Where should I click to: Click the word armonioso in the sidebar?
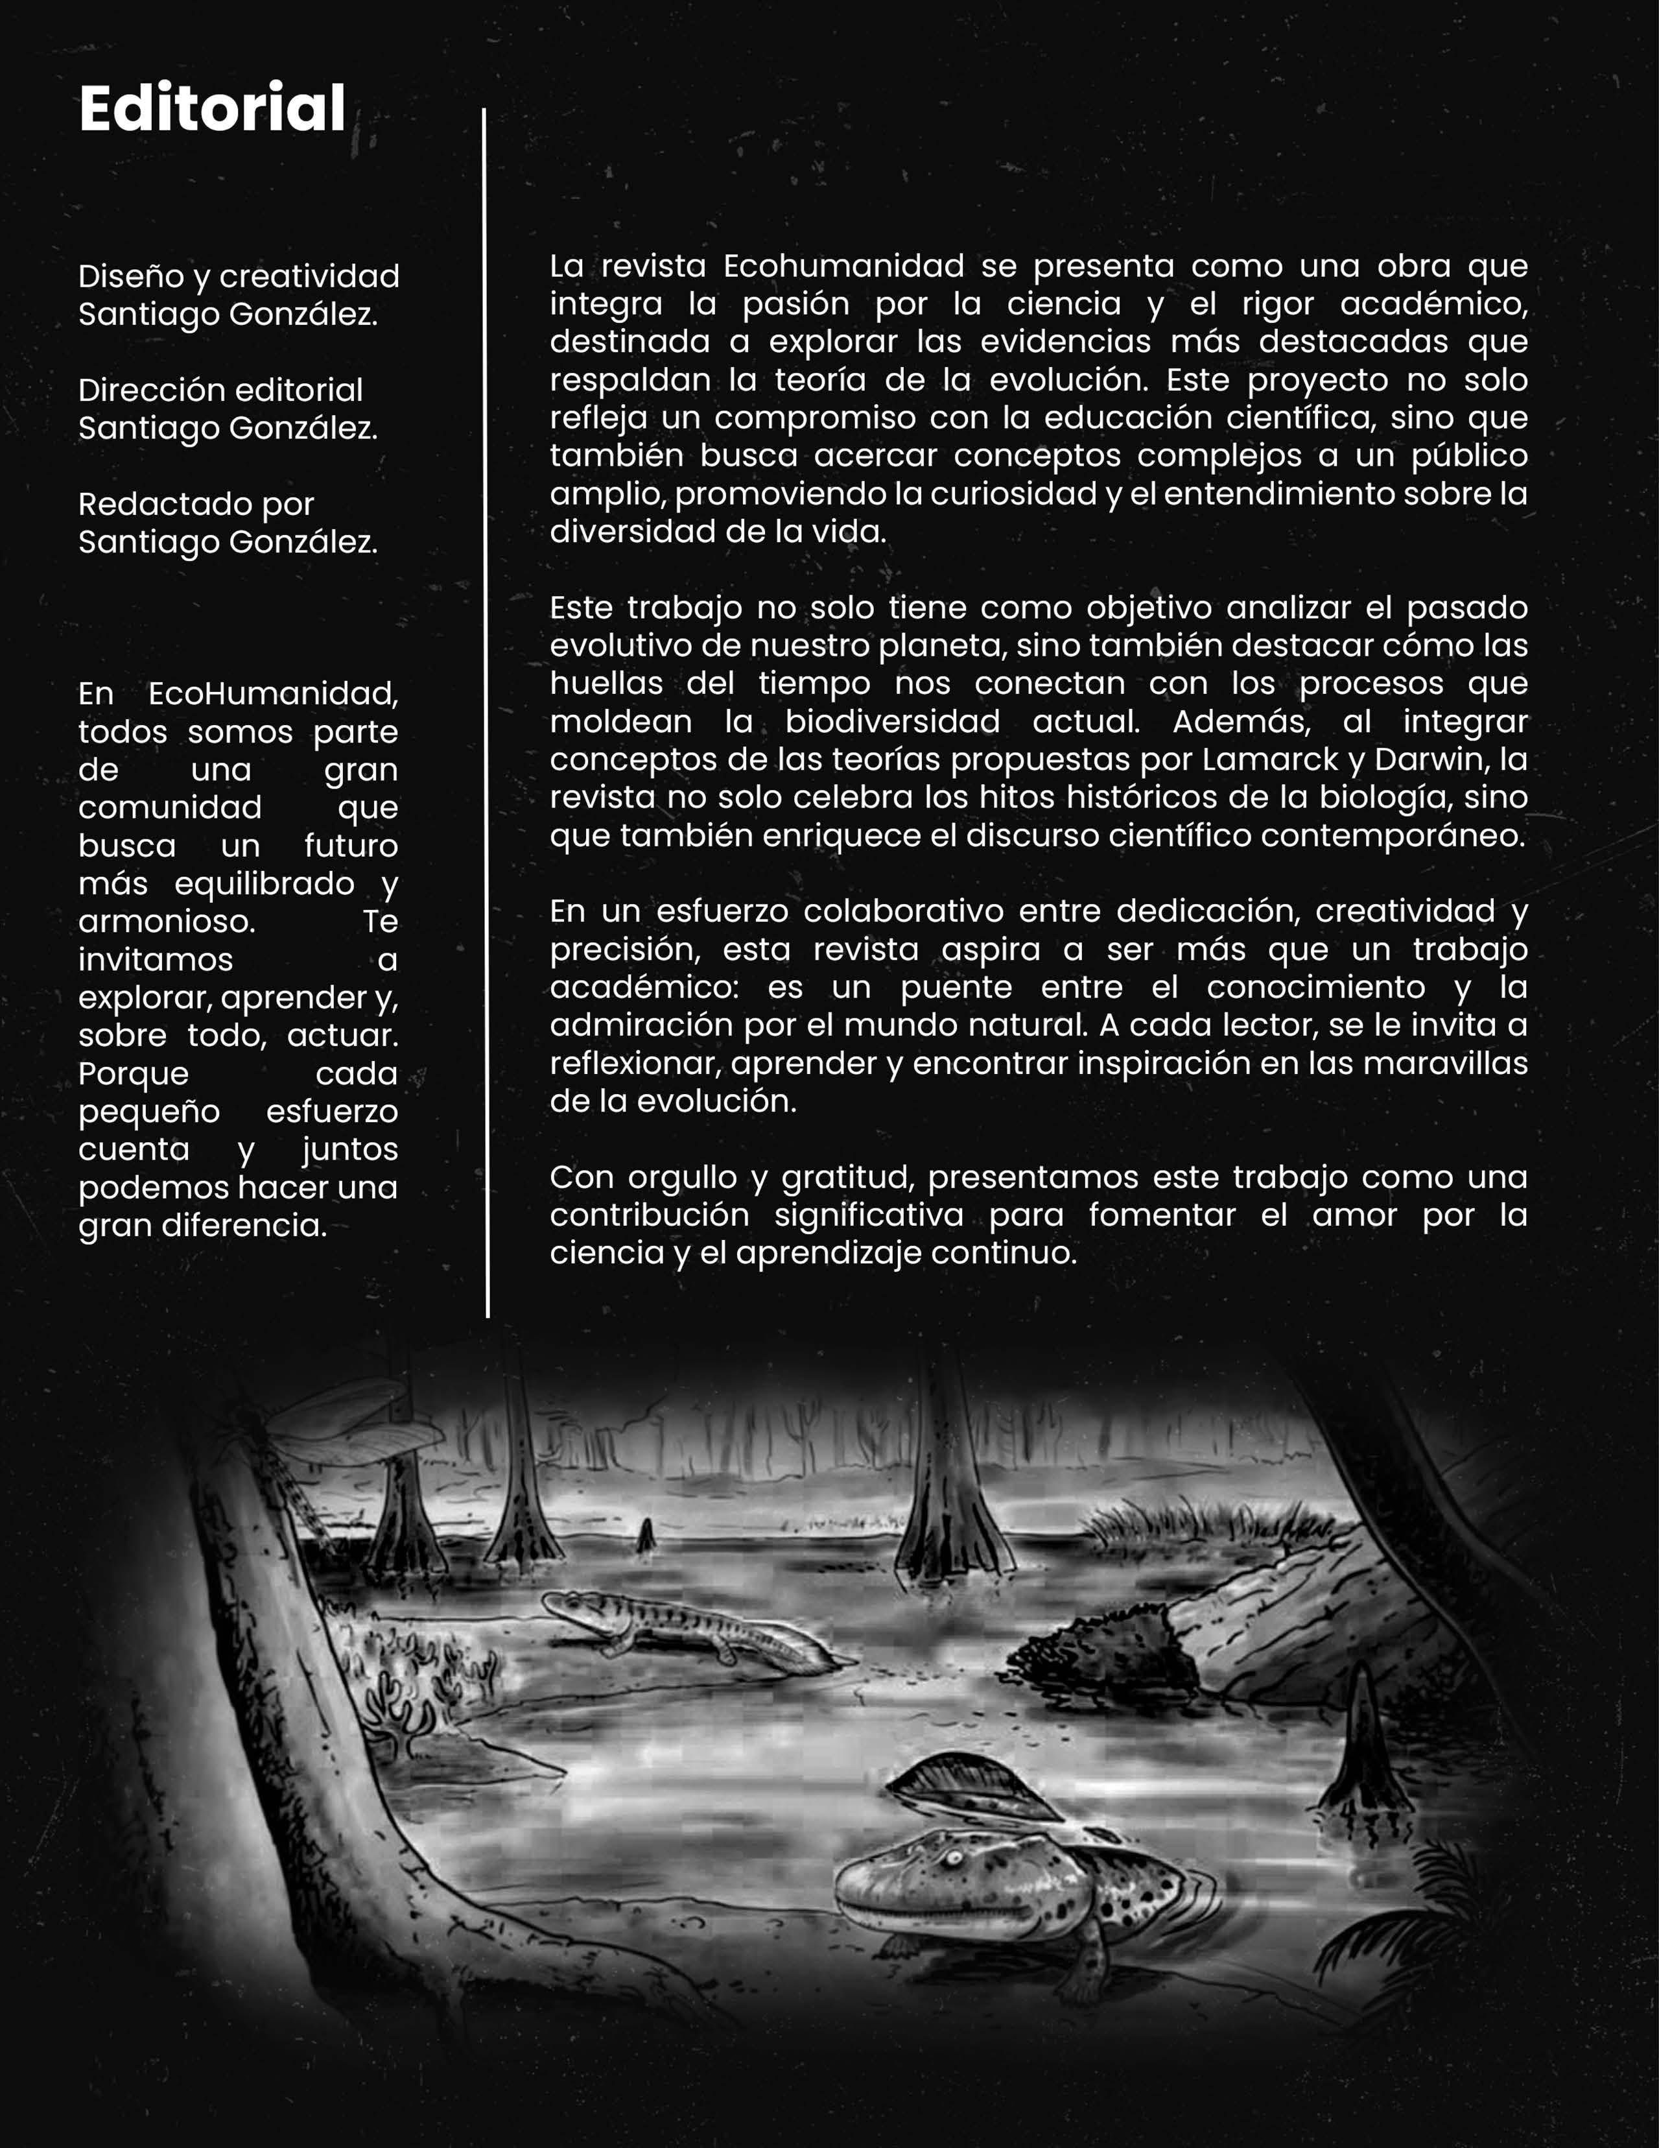165,922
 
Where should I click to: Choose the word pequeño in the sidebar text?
148,1112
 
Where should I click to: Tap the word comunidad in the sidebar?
169,807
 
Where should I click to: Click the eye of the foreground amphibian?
951,1857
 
